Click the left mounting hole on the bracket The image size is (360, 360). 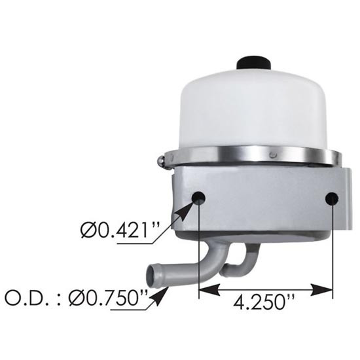click(199, 198)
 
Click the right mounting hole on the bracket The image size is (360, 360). click(333, 198)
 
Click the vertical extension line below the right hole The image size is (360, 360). click(333, 249)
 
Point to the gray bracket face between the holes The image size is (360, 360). click(265, 200)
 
